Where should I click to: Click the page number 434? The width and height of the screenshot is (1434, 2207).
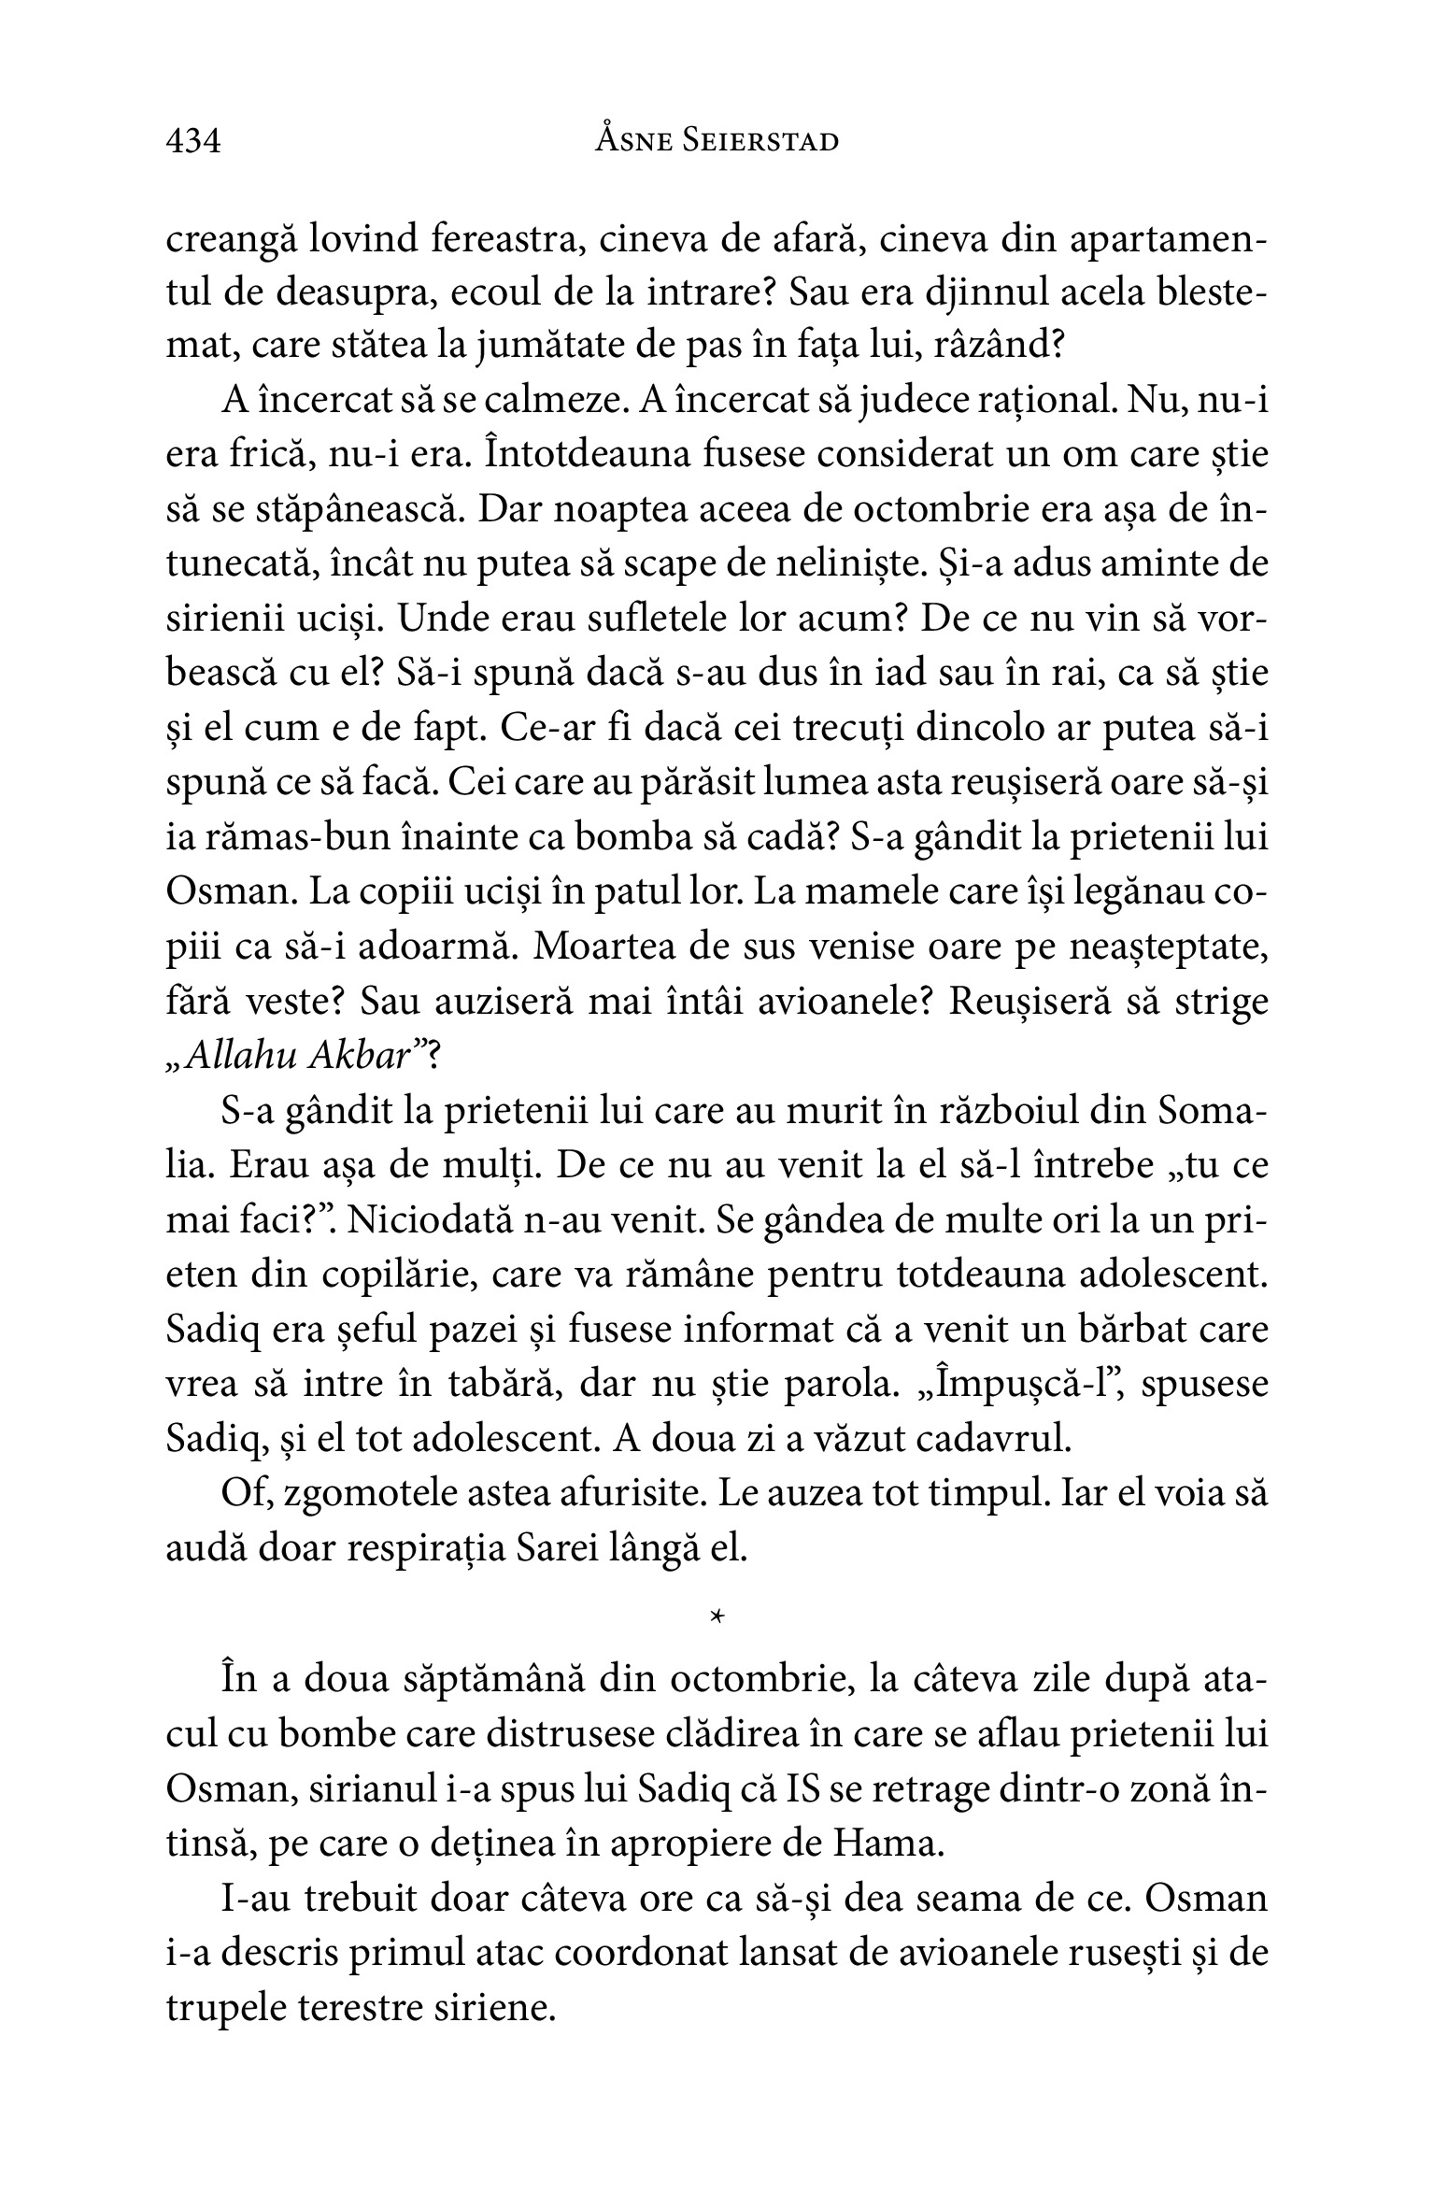[193, 141]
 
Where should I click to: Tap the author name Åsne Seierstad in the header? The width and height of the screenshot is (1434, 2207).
[717, 141]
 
